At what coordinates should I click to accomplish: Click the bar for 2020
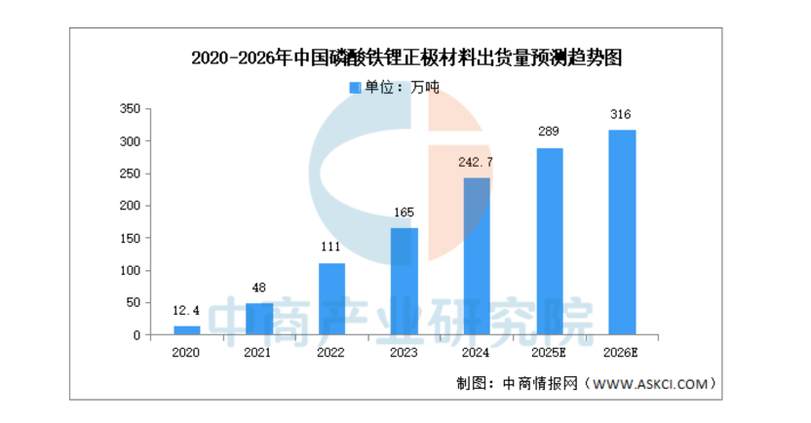(x=187, y=330)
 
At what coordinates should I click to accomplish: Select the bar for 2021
(x=259, y=319)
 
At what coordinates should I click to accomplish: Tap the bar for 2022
(x=331, y=299)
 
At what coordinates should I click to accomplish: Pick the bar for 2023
(x=405, y=282)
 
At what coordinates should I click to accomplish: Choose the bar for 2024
(x=477, y=256)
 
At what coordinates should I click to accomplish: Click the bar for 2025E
(x=549, y=242)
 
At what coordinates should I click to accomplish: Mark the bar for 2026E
(x=622, y=233)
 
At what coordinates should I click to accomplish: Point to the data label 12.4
(x=187, y=311)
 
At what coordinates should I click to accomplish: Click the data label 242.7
(x=477, y=163)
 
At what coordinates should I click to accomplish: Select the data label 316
(x=622, y=115)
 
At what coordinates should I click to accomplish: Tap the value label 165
(x=405, y=212)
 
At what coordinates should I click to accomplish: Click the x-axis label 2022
(x=331, y=353)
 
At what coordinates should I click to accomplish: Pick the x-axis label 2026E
(x=622, y=353)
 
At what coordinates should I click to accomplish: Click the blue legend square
(x=355, y=88)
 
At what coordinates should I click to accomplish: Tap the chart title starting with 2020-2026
(x=406, y=58)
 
